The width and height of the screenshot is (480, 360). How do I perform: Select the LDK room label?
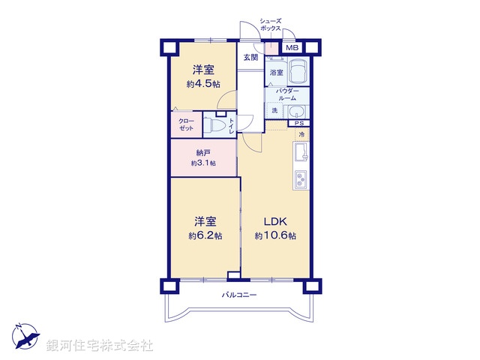pos(274,221)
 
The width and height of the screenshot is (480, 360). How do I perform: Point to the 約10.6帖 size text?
pos(274,235)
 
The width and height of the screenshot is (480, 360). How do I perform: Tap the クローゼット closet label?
pos(185,124)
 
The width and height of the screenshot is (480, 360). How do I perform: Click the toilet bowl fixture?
pos(216,126)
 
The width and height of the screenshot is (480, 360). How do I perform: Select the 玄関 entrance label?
pos(250,57)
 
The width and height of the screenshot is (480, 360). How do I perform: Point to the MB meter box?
pos(292,49)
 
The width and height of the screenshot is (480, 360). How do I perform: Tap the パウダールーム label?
pos(287,95)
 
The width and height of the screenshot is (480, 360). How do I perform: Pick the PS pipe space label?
pos(298,124)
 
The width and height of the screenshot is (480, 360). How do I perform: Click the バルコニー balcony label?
pos(239,295)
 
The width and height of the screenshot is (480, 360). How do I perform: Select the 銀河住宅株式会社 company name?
pos(99,346)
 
